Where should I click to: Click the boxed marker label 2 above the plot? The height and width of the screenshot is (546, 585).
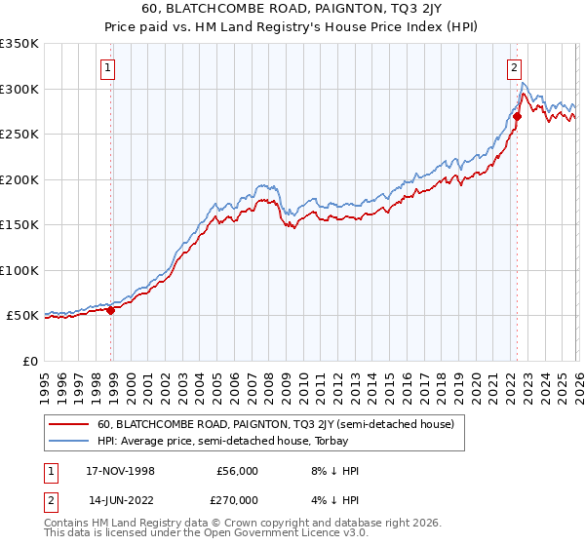(513, 68)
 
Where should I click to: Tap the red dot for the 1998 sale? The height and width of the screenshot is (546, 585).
(110, 311)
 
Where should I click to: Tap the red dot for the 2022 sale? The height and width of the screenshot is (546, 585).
(517, 116)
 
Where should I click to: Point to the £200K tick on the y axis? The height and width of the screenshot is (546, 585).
(19, 179)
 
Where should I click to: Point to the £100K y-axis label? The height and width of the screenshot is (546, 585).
(19, 270)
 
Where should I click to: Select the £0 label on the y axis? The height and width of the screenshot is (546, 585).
(29, 361)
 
